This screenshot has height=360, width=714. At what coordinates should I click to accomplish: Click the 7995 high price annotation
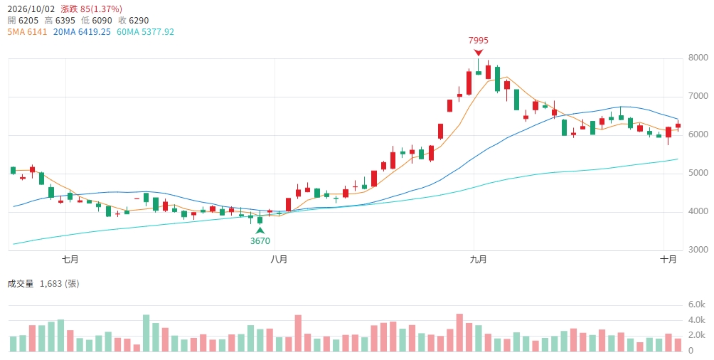pyautogui.click(x=478, y=40)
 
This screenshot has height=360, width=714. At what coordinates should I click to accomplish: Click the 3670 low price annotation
pyautogui.click(x=260, y=240)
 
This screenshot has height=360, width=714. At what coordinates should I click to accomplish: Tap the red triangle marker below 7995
pyautogui.click(x=478, y=53)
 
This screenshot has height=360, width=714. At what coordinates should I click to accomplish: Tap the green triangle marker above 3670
pyautogui.click(x=260, y=231)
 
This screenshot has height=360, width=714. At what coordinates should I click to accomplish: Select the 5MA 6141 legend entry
pyautogui.click(x=27, y=32)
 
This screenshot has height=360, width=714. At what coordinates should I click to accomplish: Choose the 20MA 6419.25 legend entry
pyautogui.click(x=82, y=32)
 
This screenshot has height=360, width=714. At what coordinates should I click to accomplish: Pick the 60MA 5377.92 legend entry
pyautogui.click(x=145, y=32)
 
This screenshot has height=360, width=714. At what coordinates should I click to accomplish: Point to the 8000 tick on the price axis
pyautogui.click(x=698, y=58)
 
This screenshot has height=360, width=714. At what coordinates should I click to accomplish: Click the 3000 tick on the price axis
pyautogui.click(x=698, y=250)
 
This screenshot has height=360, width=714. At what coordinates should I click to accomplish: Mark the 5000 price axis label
pyautogui.click(x=698, y=173)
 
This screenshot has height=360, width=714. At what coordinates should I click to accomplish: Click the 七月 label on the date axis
pyautogui.click(x=70, y=259)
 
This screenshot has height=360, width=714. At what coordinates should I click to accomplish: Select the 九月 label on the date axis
pyautogui.click(x=478, y=259)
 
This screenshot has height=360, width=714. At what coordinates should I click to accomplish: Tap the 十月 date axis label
pyautogui.click(x=668, y=259)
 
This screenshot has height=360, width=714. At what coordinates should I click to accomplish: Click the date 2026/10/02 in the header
pyautogui.click(x=31, y=9)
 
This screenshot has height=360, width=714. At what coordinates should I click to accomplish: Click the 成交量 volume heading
pyautogui.click(x=21, y=284)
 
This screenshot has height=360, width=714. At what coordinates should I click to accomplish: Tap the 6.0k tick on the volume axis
pyautogui.click(x=697, y=305)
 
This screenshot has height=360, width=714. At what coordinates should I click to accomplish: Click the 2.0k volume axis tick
pyautogui.click(x=697, y=336)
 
